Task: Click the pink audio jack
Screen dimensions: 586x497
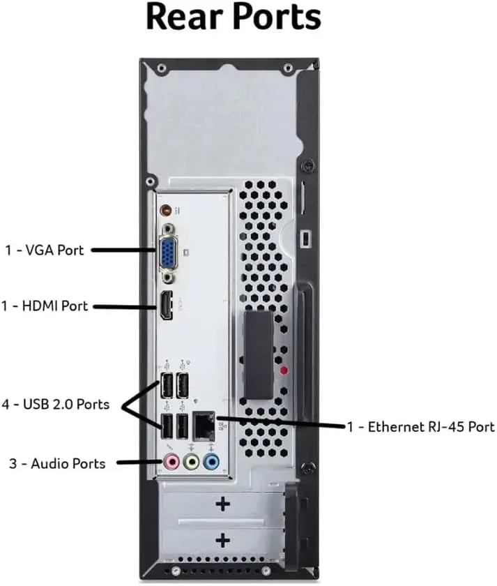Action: (169, 461)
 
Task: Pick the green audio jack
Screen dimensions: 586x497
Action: (189, 461)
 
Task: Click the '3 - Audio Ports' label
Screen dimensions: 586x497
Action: (57, 463)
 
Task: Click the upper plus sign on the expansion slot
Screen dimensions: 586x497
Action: (223, 504)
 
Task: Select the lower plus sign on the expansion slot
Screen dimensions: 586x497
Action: (223, 539)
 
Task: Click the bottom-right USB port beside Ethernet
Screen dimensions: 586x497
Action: (183, 425)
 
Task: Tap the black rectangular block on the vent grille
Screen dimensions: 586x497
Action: (259, 356)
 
